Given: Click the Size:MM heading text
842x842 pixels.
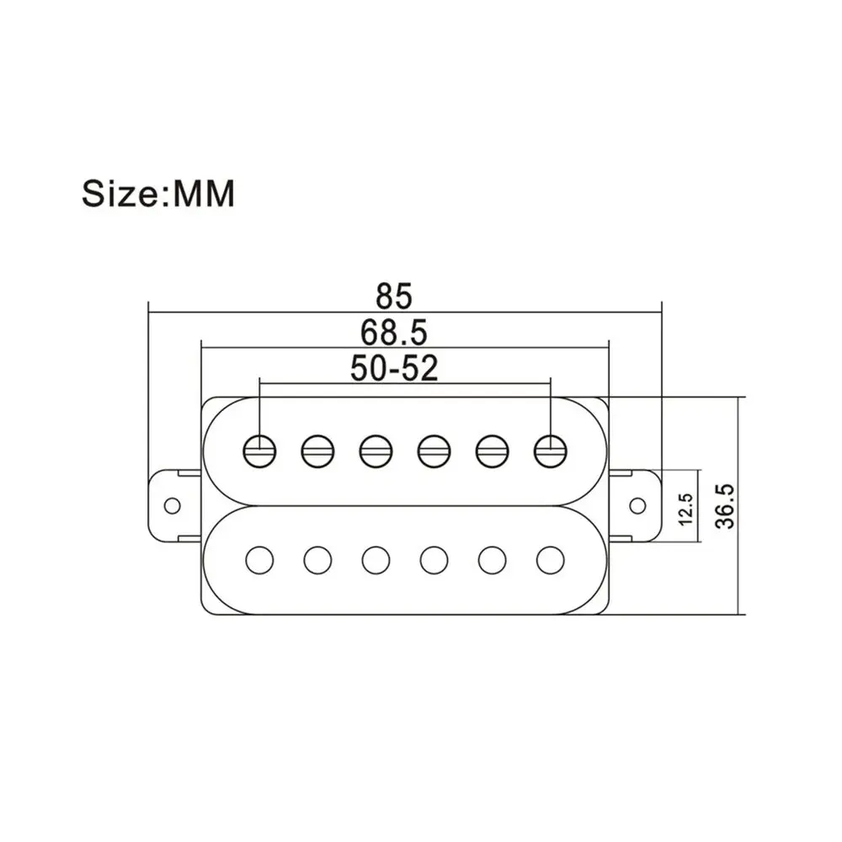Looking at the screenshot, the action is (158, 194).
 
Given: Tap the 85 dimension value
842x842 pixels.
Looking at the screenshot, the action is (393, 296).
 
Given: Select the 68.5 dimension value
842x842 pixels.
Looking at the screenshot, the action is (393, 333).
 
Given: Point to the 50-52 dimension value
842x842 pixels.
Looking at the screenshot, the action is (394, 369).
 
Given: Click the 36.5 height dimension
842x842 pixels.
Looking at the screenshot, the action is (725, 506).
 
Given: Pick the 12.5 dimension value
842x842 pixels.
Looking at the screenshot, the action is (685, 509).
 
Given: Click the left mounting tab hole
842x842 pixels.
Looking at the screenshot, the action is (172, 506).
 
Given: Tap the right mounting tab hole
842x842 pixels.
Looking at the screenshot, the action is (637, 505).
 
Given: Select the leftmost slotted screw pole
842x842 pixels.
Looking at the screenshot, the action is (260, 450).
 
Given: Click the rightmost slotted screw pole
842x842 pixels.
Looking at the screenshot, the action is (551, 450).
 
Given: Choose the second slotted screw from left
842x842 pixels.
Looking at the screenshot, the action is (318, 450).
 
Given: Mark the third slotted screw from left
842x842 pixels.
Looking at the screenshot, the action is (376, 450).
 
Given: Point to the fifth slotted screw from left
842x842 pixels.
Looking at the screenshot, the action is (492, 450).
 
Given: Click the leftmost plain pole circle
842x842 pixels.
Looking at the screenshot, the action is (260, 560).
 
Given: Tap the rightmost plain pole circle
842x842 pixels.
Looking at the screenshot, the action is (551, 560).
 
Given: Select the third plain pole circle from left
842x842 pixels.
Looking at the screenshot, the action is (376, 560).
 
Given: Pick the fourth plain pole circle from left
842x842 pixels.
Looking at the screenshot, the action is (434, 560).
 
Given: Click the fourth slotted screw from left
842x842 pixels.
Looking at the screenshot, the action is (434, 450).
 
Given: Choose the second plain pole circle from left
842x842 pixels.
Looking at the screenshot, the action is (318, 560).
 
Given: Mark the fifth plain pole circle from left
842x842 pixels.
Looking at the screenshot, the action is (492, 560).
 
